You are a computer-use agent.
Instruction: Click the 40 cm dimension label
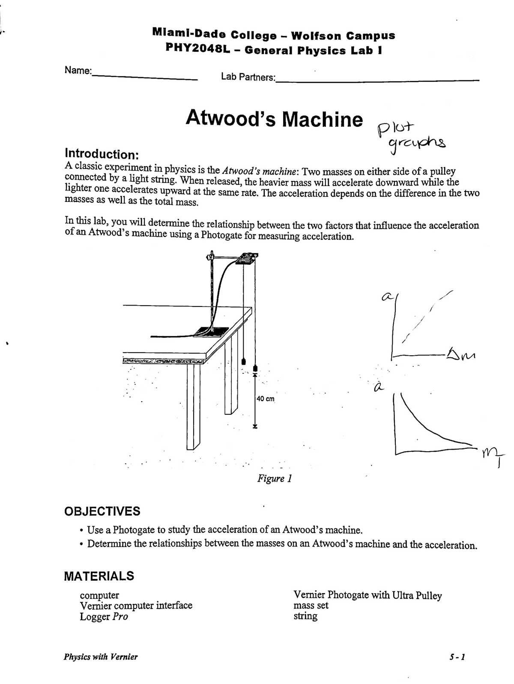click(265, 399)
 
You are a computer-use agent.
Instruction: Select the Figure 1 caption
click(274, 478)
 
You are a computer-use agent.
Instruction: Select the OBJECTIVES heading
click(102, 511)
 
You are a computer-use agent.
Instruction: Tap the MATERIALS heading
click(99, 576)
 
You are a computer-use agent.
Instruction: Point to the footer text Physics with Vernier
click(101, 657)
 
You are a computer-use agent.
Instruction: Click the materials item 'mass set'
click(311, 606)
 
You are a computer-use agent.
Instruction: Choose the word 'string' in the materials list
click(305, 616)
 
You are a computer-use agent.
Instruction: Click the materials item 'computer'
click(99, 595)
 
